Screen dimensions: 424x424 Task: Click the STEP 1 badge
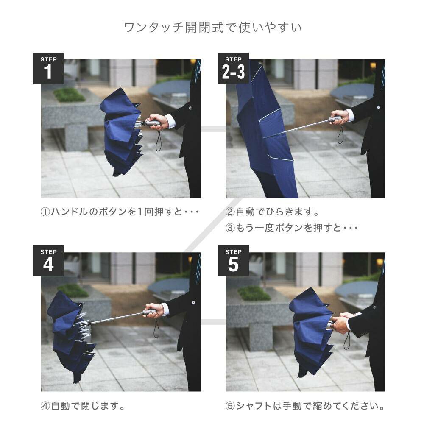click(48, 68)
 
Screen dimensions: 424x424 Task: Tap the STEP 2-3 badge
click(233, 68)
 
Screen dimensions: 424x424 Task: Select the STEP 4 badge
click(48, 260)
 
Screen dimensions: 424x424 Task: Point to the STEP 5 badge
click(233, 260)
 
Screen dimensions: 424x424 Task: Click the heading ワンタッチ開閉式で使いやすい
click(213, 28)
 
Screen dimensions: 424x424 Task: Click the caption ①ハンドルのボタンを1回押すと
click(120, 212)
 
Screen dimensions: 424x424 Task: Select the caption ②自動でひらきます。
click(272, 212)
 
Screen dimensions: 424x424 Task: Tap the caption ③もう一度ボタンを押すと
click(291, 228)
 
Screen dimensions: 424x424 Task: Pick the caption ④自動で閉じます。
click(83, 406)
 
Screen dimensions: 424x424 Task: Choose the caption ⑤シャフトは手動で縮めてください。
click(305, 406)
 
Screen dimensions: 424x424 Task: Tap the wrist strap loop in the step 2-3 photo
click(340, 134)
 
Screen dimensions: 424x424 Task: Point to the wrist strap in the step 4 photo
click(156, 328)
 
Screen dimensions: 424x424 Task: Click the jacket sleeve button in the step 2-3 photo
click(378, 107)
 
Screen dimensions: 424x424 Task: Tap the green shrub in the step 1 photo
click(69, 95)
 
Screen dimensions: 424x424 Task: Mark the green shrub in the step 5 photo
click(254, 294)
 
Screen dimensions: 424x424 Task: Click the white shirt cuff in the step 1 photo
click(171, 121)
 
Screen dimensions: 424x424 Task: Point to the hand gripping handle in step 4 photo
click(155, 310)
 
